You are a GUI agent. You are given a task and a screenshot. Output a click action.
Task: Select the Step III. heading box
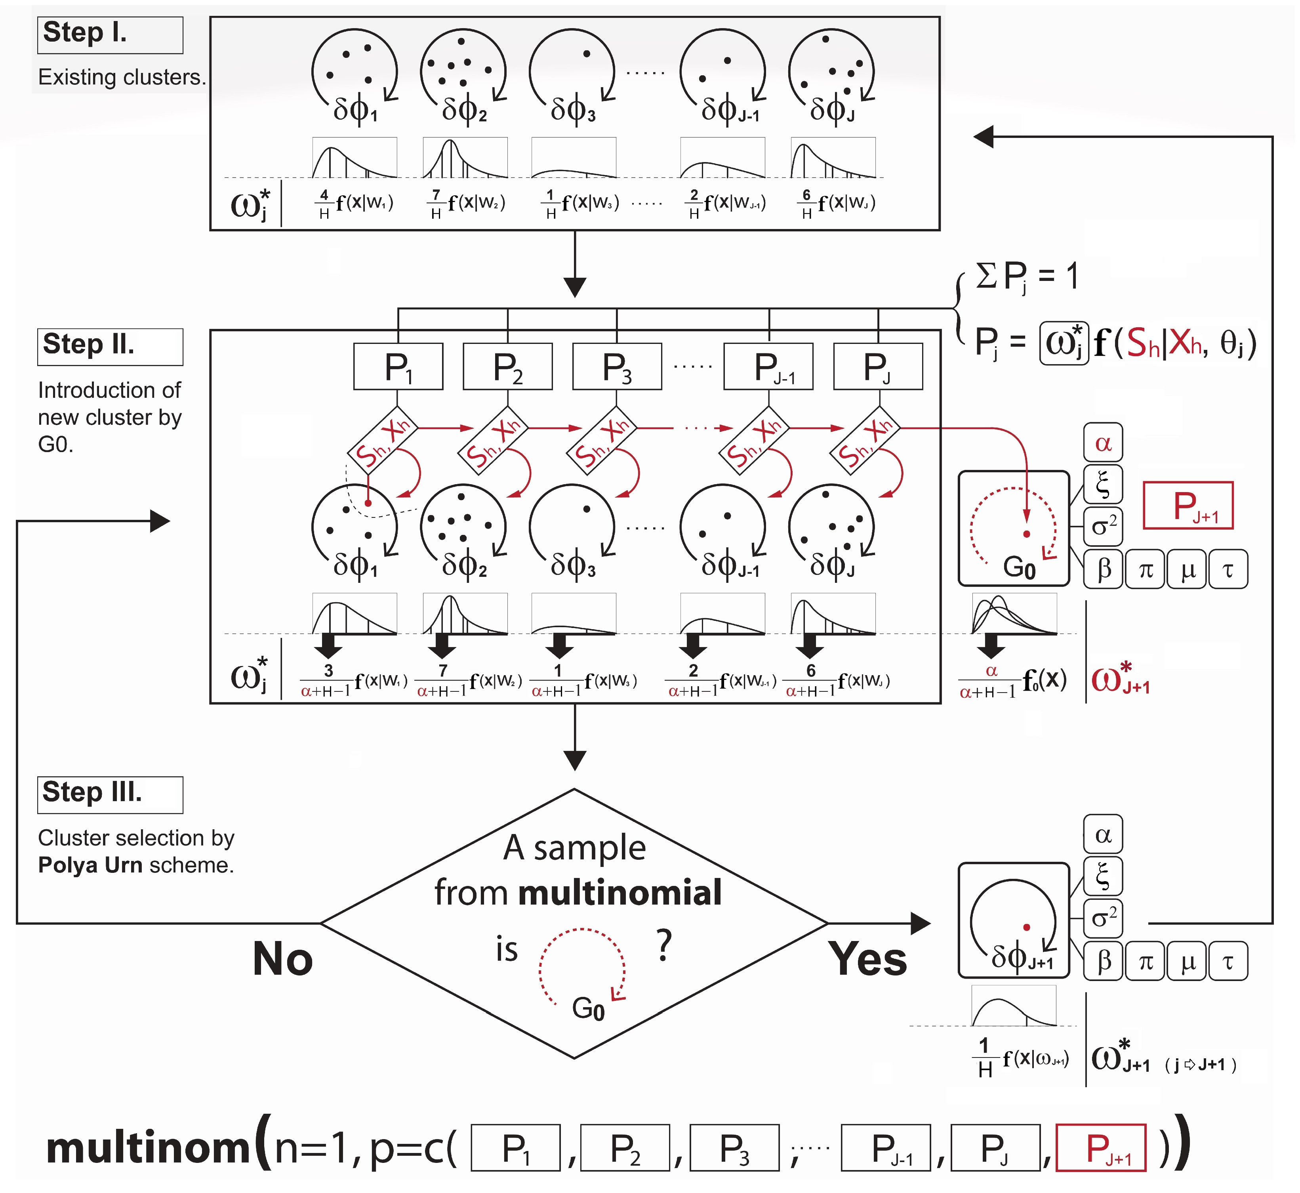[110, 795]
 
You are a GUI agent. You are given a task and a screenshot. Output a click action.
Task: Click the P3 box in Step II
[617, 366]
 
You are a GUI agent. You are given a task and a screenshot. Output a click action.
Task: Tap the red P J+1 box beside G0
[1188, 506]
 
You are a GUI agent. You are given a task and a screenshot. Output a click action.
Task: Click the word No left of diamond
[283, 959]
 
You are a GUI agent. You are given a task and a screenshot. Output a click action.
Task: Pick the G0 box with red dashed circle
[1013, 529]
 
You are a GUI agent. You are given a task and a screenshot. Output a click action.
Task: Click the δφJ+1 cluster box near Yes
[1013, 920]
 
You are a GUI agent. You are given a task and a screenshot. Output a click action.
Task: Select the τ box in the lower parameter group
[1228, 962]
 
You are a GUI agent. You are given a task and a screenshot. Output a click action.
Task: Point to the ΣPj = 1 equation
[1026, 276]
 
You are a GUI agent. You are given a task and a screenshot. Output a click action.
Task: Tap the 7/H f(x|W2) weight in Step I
[466, 203]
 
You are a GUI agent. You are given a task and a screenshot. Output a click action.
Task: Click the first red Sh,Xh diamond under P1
[382, 440]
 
